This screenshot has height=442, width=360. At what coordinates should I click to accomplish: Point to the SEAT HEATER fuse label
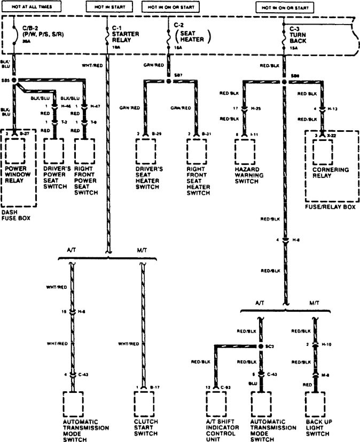[192, 36]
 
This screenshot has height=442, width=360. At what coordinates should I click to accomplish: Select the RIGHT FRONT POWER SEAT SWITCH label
[85, 180]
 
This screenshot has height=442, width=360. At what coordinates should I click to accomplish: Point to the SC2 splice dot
[262, 346]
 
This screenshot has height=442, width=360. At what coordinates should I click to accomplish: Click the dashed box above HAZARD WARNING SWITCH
[245, 151]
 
